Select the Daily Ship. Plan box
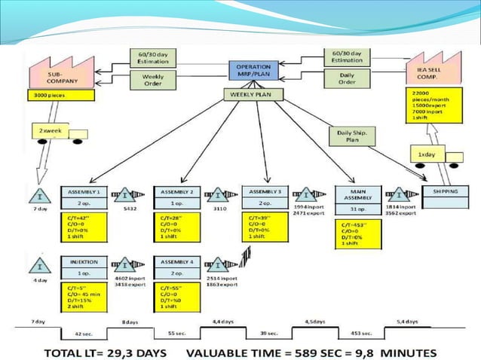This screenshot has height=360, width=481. (346, 136)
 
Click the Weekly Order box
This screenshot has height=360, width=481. (152, 79)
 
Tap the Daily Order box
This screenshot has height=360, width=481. (347, 78)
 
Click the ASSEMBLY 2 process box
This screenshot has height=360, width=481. (176, 197)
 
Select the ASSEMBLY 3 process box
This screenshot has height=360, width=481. (265, 196)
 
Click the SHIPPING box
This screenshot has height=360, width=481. (445, 193)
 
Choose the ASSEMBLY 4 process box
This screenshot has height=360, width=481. (176, 267)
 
